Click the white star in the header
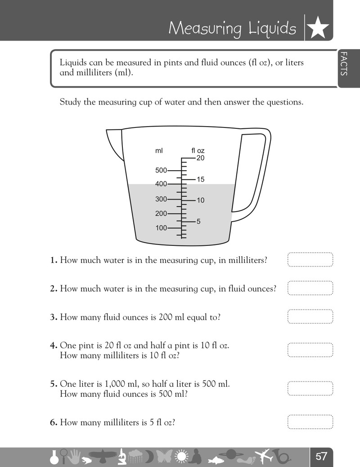tap(318, 28)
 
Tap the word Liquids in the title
tap(272, 28)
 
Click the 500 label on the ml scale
tap(161, 170)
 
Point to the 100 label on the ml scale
tap(161, 228)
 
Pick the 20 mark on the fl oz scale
tap(201, 158)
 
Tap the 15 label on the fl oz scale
tap(201, 179)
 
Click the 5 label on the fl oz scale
tap(198, 222)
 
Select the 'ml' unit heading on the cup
tap(159, 151)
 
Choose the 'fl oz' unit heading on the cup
tap(198, 151)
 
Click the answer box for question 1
tap(310, 259)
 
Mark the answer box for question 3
tap(310, 316)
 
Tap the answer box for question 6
tap(310, 422)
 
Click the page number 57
tap(321, 456)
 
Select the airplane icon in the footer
tap(265, 456)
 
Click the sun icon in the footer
tap(181, 456)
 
